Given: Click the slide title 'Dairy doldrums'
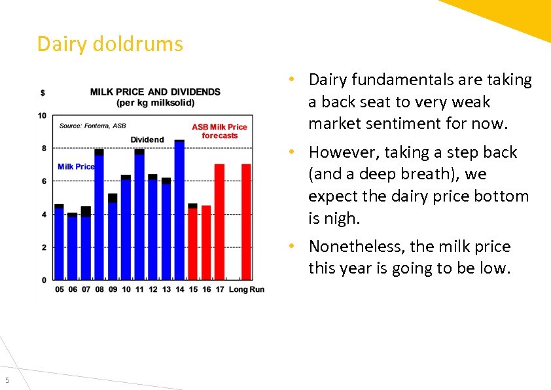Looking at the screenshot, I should tap(110, 44).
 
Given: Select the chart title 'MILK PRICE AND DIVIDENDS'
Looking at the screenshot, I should tap(155, 92).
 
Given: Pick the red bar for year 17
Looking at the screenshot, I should tap(220, 222).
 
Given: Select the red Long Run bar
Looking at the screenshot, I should tap(246, 222).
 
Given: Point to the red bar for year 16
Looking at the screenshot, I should tap(206, 243).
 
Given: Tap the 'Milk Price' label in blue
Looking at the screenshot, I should tap(76, 167).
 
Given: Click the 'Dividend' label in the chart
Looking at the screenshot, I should tap(147, 139).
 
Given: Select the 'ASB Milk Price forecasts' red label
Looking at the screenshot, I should tap(219, 131).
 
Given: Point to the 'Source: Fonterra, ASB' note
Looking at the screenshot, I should tap(92, 126).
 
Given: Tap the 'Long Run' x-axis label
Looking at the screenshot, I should tap(247, 290).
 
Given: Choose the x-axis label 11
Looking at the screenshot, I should tap(139, 290).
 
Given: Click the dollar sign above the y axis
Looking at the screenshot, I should tap(43, 93).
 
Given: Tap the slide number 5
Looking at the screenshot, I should tap(7, 380).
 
